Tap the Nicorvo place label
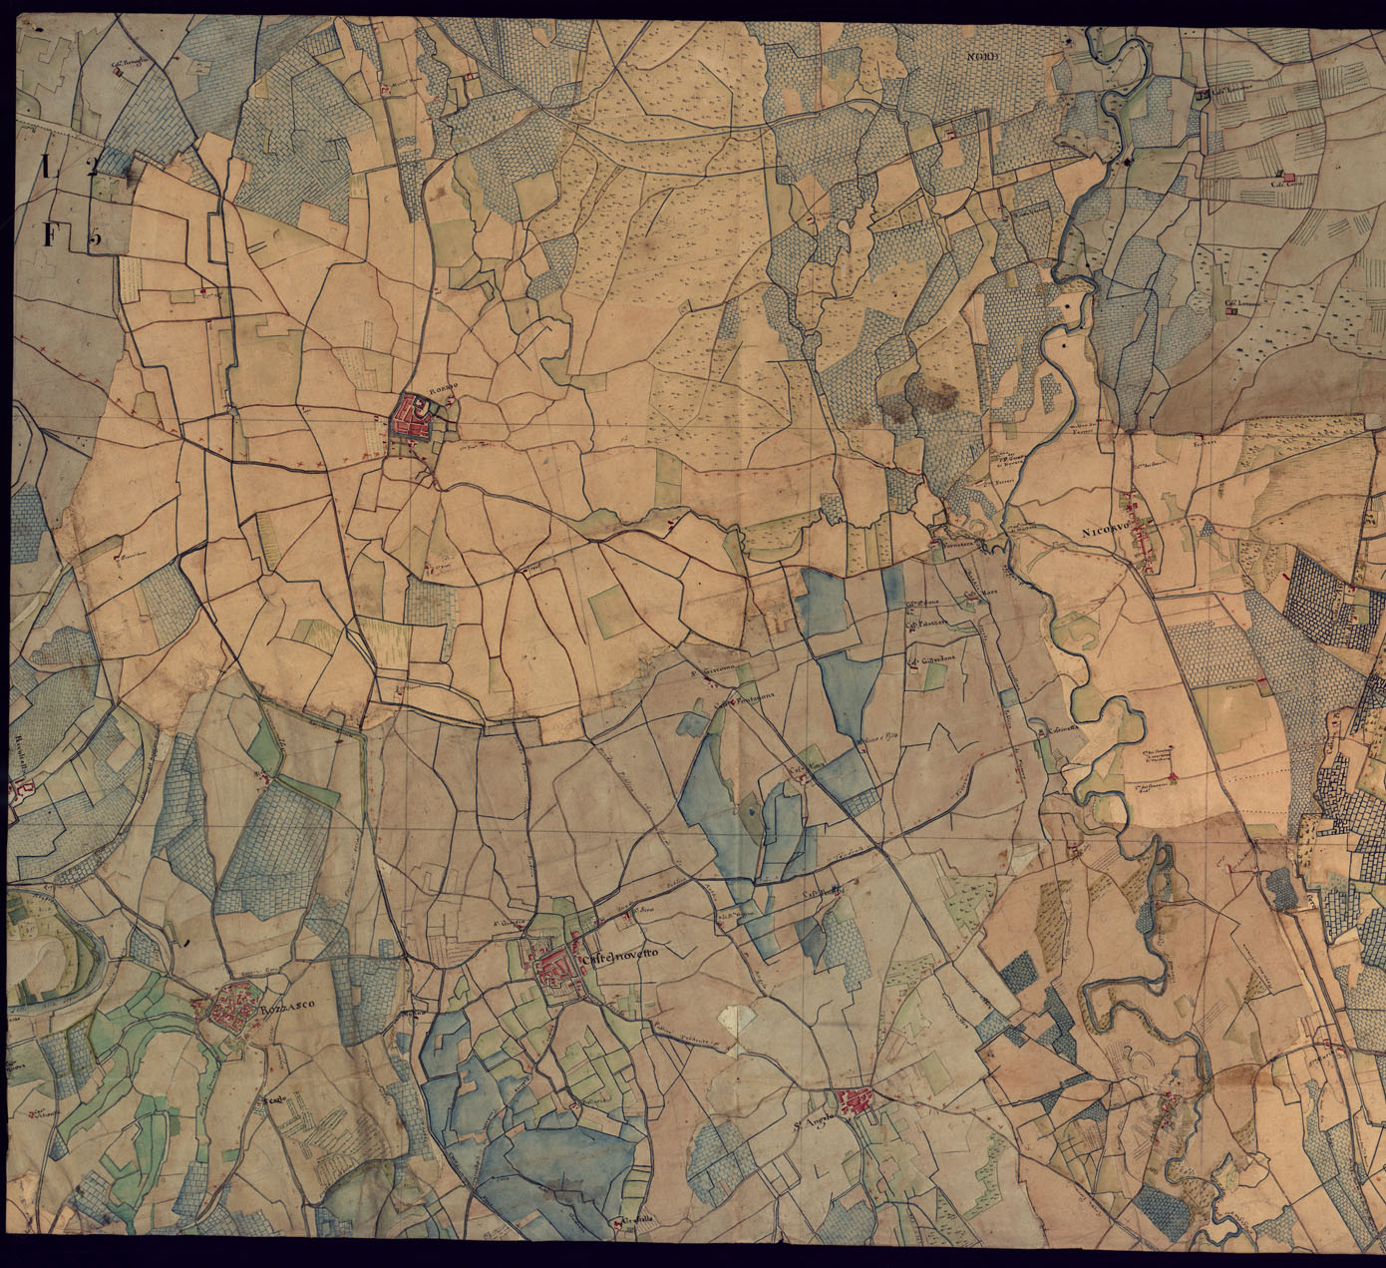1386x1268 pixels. (1105, 535)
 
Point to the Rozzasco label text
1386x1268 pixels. (280, 1010)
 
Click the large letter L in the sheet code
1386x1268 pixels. (47, 166)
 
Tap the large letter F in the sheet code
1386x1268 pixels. (50, 235)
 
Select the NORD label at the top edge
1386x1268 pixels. (982, 57)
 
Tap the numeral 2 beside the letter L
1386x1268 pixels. (91, 167)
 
